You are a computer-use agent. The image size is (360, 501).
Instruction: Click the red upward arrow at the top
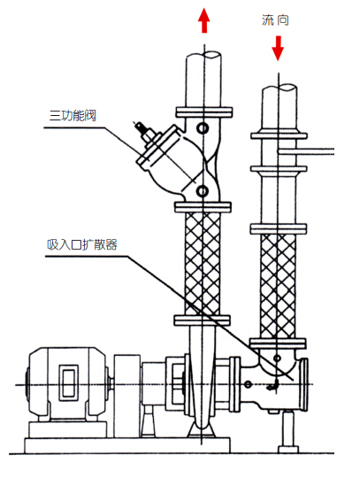click(x=204, y=20)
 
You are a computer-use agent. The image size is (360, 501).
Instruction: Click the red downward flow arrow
click(x=278, y=48)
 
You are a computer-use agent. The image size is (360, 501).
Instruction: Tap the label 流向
click(x=275, y=20)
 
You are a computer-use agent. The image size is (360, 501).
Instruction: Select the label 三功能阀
click(x=73, y=115)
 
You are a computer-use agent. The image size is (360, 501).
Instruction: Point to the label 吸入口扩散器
click(x=82, y=245)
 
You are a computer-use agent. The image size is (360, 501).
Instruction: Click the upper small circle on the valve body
click(x=203, y=128)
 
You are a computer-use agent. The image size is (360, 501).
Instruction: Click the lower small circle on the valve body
click(x=203, y=191)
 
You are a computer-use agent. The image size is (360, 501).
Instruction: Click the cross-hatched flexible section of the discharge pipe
click(x=203, y=264)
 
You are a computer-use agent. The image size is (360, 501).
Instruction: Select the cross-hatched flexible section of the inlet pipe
click(x=278, y=286)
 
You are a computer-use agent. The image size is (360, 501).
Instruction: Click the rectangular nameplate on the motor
click(x=68, y=382)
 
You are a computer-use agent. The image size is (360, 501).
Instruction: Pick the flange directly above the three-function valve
click(x=204, y=112)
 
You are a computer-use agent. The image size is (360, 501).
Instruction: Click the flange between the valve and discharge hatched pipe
click(x=203, y=207)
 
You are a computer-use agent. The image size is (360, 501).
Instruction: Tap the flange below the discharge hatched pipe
click(x=202, y=320)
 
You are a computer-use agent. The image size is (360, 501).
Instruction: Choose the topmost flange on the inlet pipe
click(x=279, y=136)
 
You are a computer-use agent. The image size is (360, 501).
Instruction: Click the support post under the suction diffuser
click(x=288, y=431)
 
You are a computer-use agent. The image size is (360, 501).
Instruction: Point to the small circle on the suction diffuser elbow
click(x=278, y=358)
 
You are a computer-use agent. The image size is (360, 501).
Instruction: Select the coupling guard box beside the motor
click(x=127, y=396)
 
